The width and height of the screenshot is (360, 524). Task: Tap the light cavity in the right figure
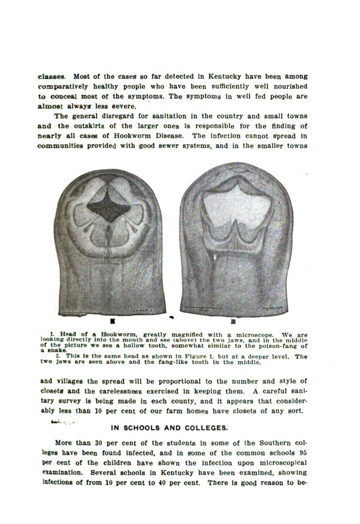pyautogui.click(x=230, y=203)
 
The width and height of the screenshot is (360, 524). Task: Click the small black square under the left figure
pyautogui.click(x=113, y=320)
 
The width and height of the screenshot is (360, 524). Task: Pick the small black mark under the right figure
pyautogui.click(x=233, y=320)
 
